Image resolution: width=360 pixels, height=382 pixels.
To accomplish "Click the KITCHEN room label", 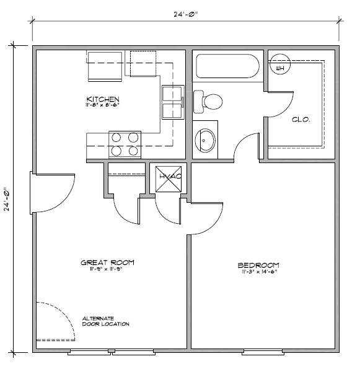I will click(102, 99).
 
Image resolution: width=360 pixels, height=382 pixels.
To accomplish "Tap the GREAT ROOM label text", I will click(107, 262).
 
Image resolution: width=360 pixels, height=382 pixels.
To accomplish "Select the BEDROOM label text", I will click(258, 265).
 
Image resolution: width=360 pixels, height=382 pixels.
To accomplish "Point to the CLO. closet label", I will click(301, 119).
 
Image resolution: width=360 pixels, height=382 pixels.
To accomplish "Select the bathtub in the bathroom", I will click(227, 67).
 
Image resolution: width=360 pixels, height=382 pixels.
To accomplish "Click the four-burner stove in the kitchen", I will click(125, 144).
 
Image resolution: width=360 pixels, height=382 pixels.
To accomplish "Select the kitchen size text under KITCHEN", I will click(102, 106).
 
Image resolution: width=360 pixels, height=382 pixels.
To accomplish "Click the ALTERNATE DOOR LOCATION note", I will click(106, 321).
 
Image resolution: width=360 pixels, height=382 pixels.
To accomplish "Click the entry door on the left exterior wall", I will click(31, 193).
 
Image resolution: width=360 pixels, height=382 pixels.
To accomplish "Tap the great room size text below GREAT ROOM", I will click(107, 270).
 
